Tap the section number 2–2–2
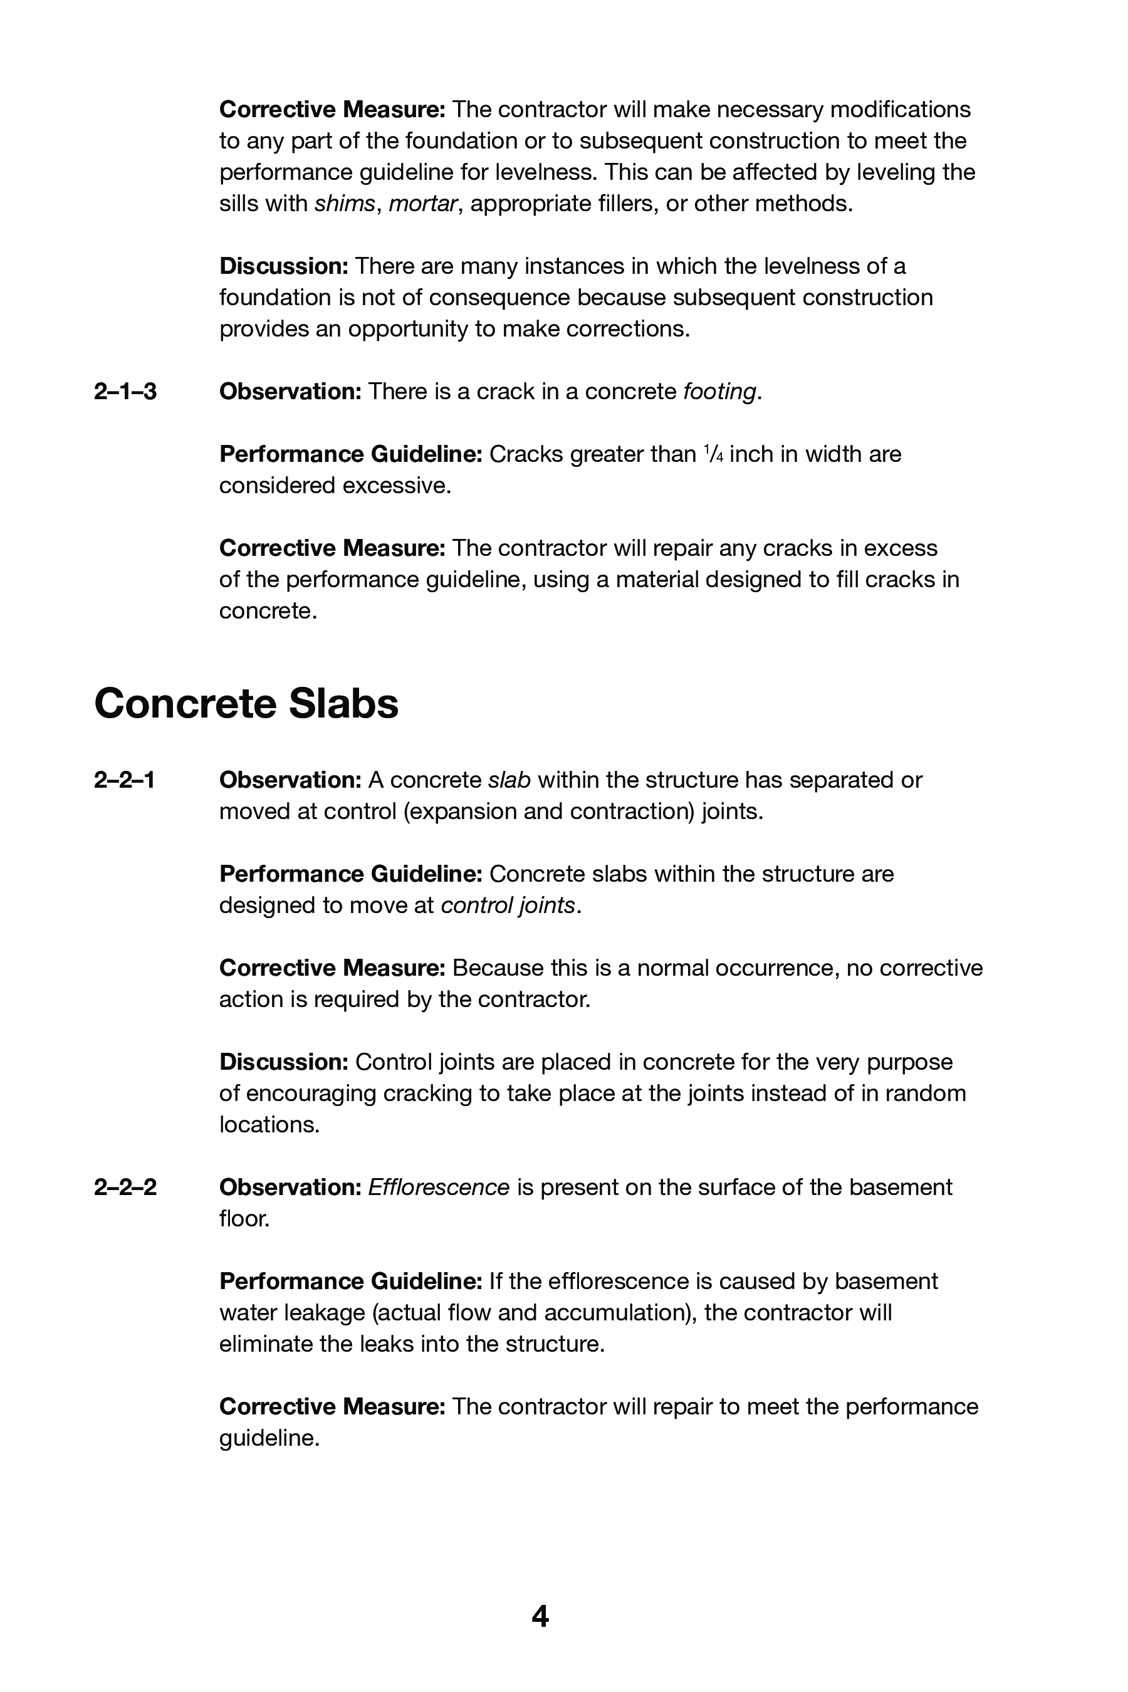(125, 1187)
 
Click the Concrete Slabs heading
(246, 704)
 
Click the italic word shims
(345, 204)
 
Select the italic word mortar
(422, 204)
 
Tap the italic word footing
(719, 392)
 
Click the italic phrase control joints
(508, 905)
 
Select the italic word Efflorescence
(439, 1187)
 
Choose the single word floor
(244, 1219)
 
